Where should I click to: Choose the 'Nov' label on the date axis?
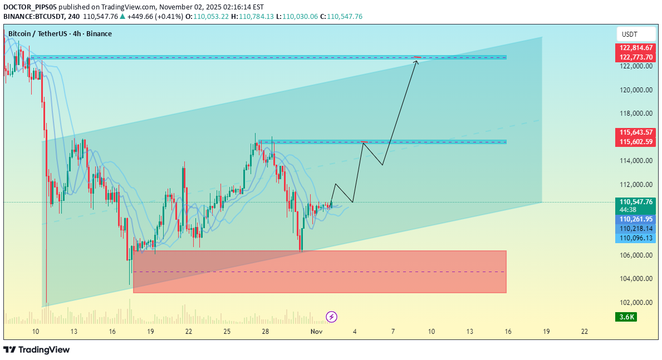click(316, 332)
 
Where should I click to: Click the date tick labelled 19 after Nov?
click(546, 332)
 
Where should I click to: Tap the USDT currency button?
click(630, 34)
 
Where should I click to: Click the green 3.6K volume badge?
click(626, 317)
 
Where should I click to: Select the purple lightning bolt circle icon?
click(331, 317)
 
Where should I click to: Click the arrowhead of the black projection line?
click(416, 61)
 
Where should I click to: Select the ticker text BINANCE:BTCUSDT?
click(34, 17)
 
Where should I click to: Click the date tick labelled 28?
click(266, 332)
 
